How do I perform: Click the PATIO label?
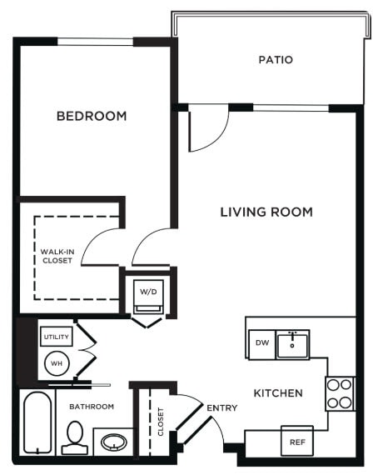tap(275, 60)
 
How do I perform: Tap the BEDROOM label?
tap(92, 116)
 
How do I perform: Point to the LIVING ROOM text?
tap(266, 212)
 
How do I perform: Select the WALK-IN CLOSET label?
tap(57, 255)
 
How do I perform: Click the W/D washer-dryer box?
tap(148, 292)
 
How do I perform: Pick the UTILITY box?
tap(57, 337)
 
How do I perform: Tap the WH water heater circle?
tap(57, 363)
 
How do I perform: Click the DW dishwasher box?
tap(261, 342)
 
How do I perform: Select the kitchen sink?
tap(292, 342)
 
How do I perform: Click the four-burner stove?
tap(340, 392)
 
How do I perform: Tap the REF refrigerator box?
tap(296, 440)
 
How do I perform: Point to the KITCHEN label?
tap(278, 392)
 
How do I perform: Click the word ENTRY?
tap(222, 407)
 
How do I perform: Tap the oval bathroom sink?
tap(112, 441)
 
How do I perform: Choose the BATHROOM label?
tap(91, 407)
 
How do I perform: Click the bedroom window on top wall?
tap(106, 42)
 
